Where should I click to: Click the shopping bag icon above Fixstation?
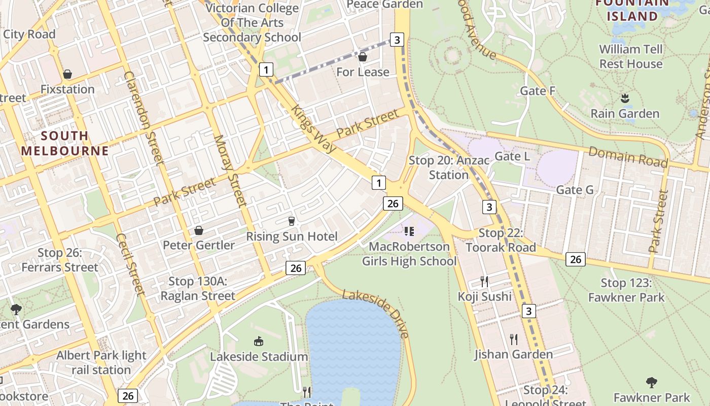(67, 75)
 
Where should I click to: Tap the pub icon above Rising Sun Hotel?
(291, 221)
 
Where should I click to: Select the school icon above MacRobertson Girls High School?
(409, 231)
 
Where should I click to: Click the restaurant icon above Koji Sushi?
(484, 281)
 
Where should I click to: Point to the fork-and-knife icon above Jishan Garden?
(514, 339)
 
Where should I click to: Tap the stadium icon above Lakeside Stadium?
(259, 342)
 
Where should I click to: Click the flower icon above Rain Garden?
(625, 98)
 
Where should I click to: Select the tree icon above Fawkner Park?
(652, 382)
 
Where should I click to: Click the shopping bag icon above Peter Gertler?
(199, 230)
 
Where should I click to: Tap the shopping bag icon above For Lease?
(363, 57)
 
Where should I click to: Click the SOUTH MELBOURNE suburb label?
(65, 143)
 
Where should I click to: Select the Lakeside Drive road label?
(376, 314)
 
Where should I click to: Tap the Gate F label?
(538, 91)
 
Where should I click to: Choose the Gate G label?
(575, 190)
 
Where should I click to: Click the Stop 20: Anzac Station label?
(449, 167)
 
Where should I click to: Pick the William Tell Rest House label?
(631, 56)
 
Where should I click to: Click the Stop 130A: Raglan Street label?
(198, 288)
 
